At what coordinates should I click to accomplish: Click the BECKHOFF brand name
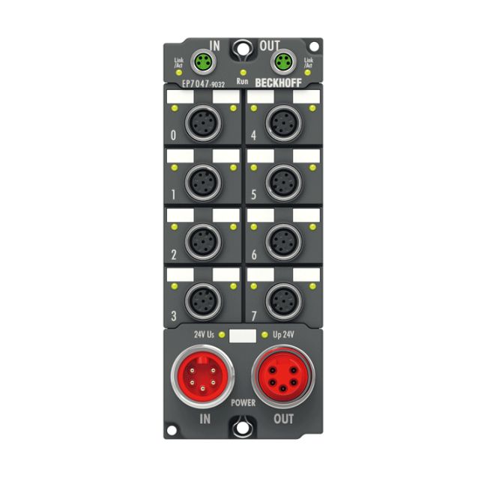(x=278, y=83)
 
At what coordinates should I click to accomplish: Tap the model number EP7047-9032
(x=203, y=84)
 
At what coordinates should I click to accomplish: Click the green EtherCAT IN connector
(x=203, y=61)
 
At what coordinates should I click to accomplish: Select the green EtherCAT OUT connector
(x=283, y=61)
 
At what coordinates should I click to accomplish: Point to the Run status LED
(x=243, y=73)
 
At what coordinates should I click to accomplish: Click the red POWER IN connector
(x=202, y=376)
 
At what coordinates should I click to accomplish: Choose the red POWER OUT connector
(x=283, y=376)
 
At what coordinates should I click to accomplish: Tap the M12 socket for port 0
(x=203, y=124)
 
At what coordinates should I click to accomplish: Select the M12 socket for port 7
(x=283, y=301)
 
